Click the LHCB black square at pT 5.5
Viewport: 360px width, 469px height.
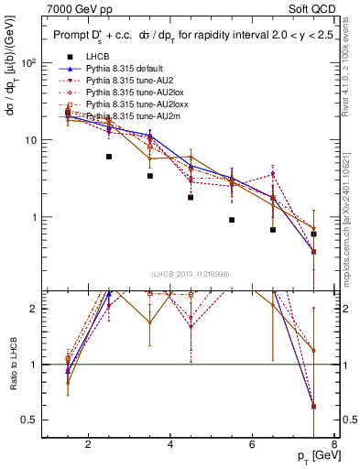coord(232,220)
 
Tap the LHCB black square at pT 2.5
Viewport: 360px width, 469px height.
coord(109,157)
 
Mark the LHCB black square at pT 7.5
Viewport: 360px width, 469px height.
coord(314,234)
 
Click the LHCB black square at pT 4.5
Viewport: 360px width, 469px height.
coord(191,197)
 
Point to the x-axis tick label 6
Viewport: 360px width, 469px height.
coord(253,446)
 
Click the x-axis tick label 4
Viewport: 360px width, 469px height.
coord(170,446)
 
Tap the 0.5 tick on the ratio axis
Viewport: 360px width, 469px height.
coord(30,420)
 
